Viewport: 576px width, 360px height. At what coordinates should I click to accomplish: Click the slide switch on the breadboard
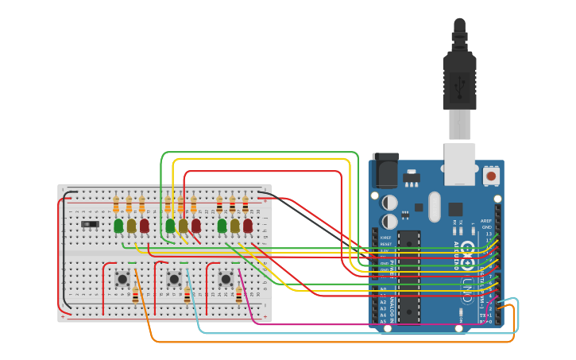click(x=91, y=224)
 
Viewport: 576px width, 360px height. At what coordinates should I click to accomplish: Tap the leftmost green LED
click(x=118, y=226)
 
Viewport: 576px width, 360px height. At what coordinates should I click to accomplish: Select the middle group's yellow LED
click(x=183, y=226)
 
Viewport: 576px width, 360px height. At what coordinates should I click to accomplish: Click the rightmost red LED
click(x=247, y=226)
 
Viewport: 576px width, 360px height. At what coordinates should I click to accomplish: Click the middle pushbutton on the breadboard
click(x=174, y=279)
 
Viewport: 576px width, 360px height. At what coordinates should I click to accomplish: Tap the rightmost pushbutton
click(x=226, y=279)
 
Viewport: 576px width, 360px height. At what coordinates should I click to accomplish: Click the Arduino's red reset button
click(x=491, y=175)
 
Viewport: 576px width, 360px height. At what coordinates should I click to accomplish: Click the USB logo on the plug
click(x=459, y=83)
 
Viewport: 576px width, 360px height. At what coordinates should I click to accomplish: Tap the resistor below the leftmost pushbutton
click(x=135, y=296)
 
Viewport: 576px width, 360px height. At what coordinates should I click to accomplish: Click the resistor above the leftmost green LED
click(x=116, y=205)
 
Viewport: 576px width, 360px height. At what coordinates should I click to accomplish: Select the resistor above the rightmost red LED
click(x=245, y=205)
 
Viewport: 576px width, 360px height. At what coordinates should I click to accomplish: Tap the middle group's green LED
click(x=170, y=226)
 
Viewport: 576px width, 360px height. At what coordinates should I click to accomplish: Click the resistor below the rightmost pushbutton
click(x=238, y=296)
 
